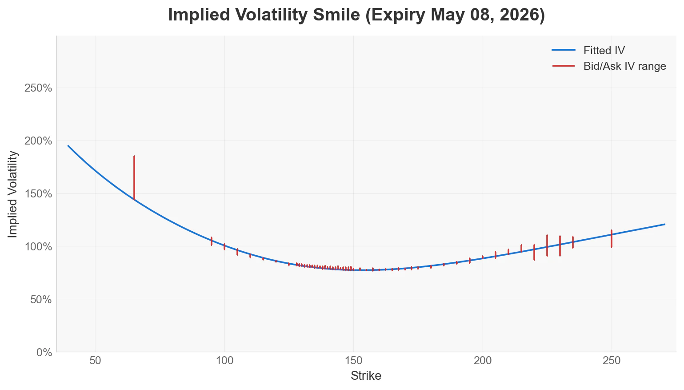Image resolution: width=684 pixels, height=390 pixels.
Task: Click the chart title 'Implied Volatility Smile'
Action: click(356, 15)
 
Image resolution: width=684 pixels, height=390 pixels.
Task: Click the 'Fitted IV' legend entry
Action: click(604, 51)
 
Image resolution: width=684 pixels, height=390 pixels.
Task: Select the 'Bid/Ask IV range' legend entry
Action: click(624, 66)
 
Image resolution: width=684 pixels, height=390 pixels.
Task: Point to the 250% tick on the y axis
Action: click(38, 88)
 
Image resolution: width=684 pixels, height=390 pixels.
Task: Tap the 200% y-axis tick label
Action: click(38, 141)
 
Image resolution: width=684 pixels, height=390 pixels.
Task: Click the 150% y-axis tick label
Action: click(38, 194)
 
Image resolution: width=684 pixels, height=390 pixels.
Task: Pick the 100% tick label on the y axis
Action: click(38, 247)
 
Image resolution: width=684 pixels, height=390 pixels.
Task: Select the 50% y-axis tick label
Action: click(40, 300)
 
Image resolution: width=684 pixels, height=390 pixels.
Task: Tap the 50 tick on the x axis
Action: click(96, 361)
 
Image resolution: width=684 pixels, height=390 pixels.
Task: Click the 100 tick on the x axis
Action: click(224, 361)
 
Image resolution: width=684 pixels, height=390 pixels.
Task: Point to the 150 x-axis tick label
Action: click(353, 361)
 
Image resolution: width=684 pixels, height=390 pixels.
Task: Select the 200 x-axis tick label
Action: click(483, 361)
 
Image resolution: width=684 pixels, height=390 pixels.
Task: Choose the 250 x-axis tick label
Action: click(612, 361)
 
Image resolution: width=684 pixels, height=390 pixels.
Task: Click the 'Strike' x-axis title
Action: click(366, 376)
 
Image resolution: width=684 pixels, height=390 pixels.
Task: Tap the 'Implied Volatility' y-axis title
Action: click(13, 194)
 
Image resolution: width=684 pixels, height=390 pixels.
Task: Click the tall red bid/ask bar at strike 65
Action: click(134, 178)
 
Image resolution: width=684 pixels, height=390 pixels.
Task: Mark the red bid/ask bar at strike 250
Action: click(612, 239)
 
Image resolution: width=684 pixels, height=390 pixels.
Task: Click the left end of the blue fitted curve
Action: click(68, 146)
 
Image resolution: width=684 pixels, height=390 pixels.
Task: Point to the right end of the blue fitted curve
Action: click(664, 224)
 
